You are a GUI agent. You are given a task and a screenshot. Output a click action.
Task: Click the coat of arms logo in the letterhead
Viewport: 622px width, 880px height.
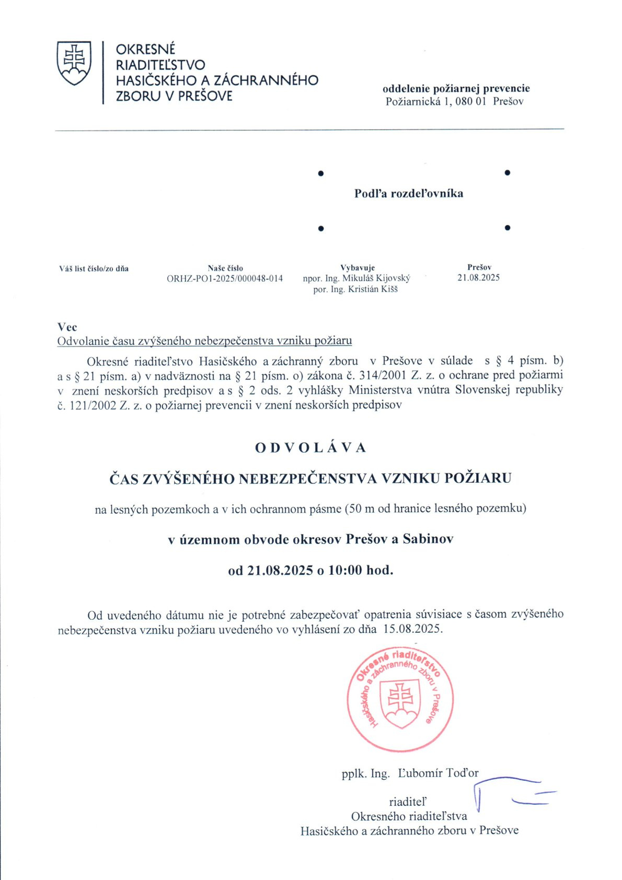click(74, 63)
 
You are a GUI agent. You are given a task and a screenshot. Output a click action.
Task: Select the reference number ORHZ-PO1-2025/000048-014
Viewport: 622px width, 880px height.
click(225, 279)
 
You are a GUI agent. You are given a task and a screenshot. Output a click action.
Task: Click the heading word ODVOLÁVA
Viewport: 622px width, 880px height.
click(310, 448)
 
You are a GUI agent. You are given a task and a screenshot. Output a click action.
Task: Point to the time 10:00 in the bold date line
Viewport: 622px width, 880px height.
click(345, 570)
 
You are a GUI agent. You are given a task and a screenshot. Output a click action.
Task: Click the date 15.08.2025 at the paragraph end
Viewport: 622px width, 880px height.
click(412, 629)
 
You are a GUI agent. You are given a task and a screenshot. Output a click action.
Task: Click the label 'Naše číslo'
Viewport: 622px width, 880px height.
click(225, 268)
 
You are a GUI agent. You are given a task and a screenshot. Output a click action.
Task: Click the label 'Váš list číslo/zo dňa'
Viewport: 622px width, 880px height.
click(94, 269)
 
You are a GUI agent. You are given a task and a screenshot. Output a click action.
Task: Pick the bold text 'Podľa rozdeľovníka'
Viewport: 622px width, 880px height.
click(409, 193)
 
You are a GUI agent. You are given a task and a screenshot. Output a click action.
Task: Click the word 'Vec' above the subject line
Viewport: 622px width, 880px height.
click(67, 327)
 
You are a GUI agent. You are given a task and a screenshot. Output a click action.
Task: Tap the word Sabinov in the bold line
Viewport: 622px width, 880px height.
click(428, 539)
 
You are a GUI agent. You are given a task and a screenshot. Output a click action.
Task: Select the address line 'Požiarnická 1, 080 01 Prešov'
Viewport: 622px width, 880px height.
click(454, 101)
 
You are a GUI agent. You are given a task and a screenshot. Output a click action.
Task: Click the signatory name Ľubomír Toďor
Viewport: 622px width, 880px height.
click(438, 773)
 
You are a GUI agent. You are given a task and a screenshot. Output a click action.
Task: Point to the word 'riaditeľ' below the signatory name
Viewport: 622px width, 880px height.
click(408, 802)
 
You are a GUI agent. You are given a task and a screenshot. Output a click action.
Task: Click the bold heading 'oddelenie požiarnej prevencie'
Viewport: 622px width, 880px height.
click(456, 88)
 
